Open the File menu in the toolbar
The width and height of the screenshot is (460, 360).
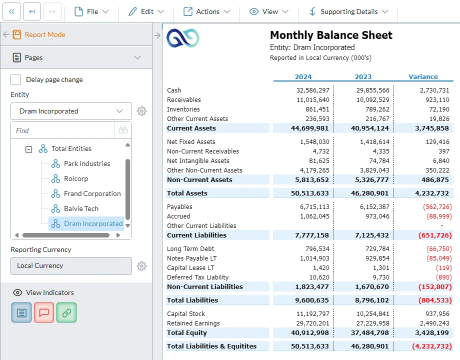tap(91, 11)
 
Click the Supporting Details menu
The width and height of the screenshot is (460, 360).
tap(348, 11)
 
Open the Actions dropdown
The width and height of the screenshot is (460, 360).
tap(206, 11)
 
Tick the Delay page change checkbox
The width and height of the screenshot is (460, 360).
tap(16, 79)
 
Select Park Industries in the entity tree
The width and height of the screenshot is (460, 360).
tap(86, 163)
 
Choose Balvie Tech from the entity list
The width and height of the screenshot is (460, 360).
tap(81, 208)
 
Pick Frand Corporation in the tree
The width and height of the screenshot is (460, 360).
tap(92, 193)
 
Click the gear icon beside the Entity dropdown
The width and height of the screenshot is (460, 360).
tap(142, 111)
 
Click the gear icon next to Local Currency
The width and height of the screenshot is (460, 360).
tap(142, 266)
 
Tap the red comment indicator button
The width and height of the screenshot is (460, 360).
tap(44, 312)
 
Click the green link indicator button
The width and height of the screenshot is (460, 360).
tap(66, 312)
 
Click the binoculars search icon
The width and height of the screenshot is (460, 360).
tap(123, 130)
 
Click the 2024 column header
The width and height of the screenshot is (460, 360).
tap(303, 76)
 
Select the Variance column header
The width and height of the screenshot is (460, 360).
tap(423, 76)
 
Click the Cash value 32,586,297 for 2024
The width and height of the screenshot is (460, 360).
tap(312, 90)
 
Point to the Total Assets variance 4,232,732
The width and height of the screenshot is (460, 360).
tap(432, 193)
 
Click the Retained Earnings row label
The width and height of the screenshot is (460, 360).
tap(193, 323)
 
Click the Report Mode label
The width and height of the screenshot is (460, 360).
tap(45, 34)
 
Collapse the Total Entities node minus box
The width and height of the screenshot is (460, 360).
tap(29, 148)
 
